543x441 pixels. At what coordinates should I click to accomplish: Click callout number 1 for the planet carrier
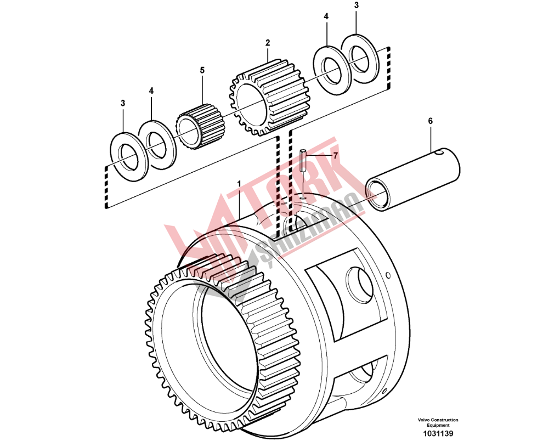point(239,183)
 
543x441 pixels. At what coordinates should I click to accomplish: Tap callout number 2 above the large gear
point(268,42)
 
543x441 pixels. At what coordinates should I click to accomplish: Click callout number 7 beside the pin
point(335,155)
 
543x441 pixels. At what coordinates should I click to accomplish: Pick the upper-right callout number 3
point(356,5)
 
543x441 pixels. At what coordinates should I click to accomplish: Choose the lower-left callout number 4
point(151,90)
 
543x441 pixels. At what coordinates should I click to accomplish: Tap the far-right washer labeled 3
point(361,59)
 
